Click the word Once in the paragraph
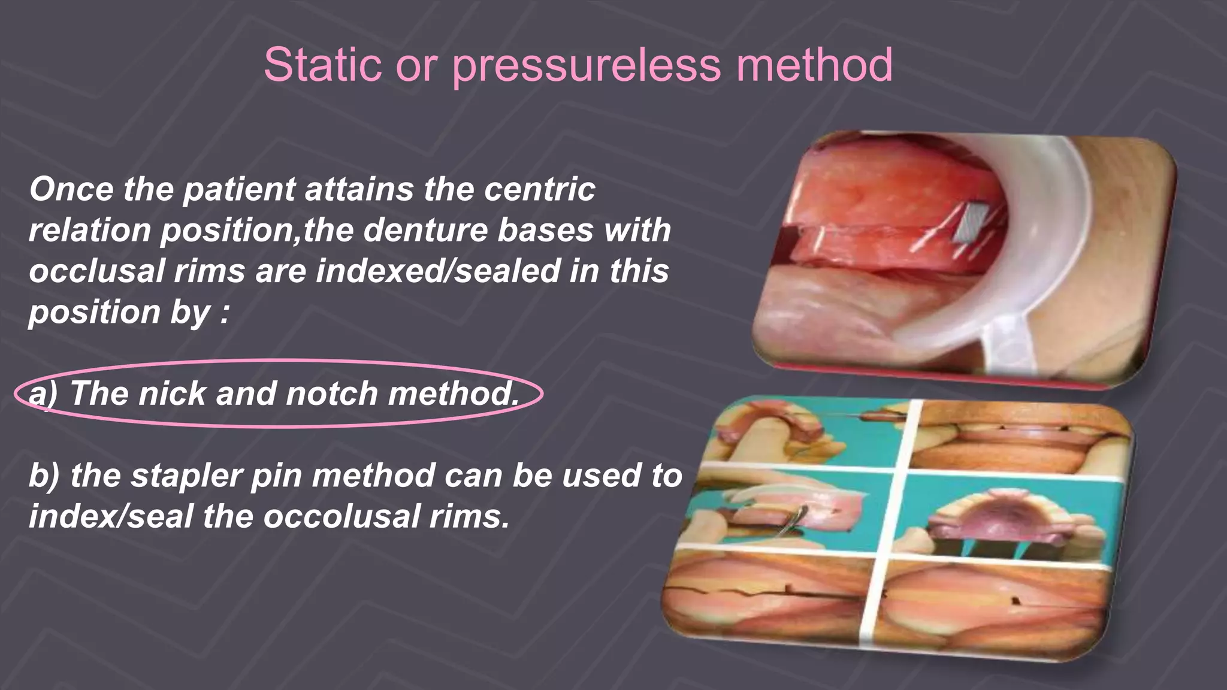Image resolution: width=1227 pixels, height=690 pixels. tap(71, 189)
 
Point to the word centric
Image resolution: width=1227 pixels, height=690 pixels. tap(539, 189)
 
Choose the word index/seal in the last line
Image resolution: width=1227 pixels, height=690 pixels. tap(111, 517)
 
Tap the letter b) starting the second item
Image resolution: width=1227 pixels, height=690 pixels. tap(44, 476)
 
